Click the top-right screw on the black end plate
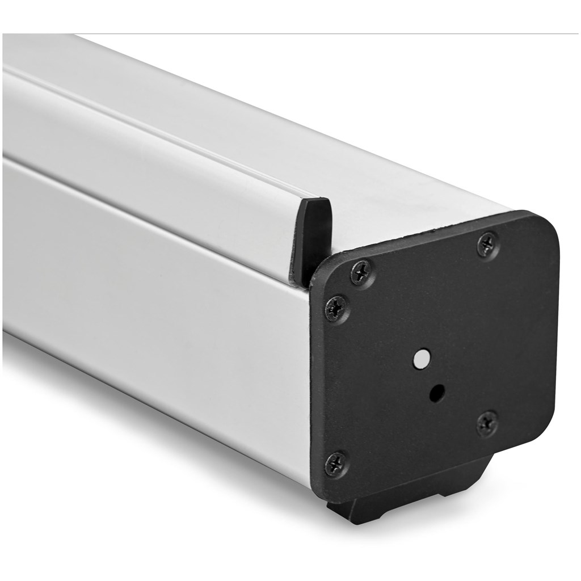click(x=488, y=245)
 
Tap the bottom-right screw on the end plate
click(x=487, y=423)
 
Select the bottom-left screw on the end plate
click(x=336, y=464)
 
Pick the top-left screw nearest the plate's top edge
click(x=361, y=273)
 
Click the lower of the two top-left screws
click(x=336, y=309)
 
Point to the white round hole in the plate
click(x=422, y=358)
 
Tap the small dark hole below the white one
click(x=436, y=393)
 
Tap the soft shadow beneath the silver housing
click(x=170, y=443)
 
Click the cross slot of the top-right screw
click(x=488, y=245)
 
